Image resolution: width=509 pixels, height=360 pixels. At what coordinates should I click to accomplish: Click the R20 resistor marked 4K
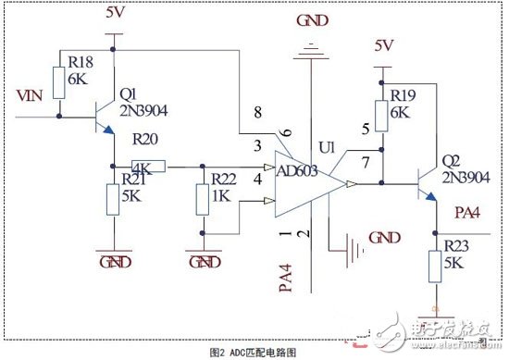pyautogui.click(x=148, y=168)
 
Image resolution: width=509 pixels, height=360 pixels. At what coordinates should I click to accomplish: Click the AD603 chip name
pyautogui.click(x=296, y=170)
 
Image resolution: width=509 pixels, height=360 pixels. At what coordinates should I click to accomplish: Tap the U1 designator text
pyautogui.click(x=325, y=147)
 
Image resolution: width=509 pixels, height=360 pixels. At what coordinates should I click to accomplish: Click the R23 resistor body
pyautogui.click(x=434, y=268)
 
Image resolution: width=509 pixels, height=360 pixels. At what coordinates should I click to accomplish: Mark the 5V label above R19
pyautogui.click(x=384, y=43)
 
